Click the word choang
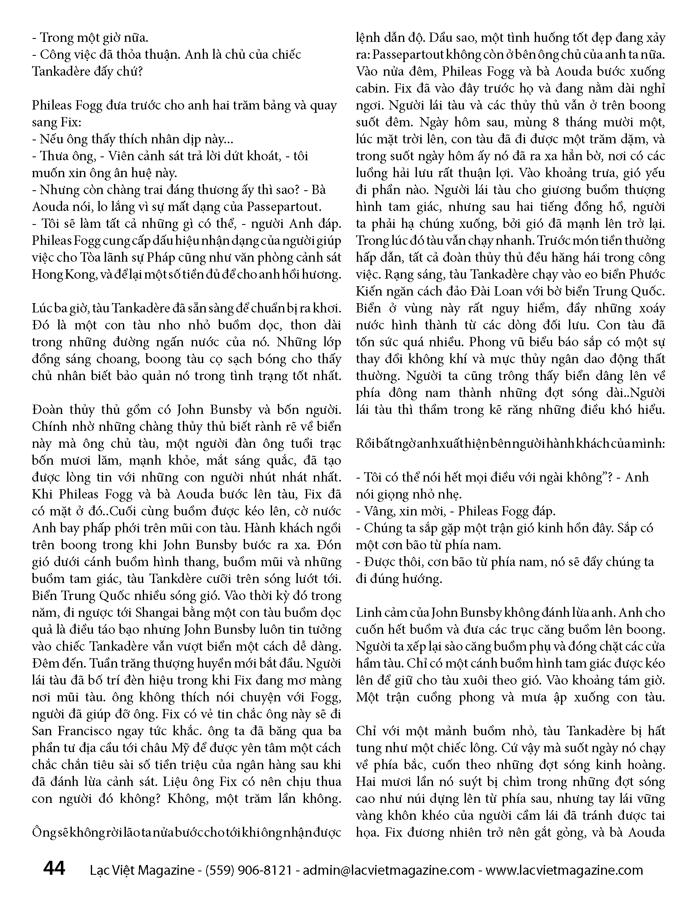(x=118, y=359)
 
